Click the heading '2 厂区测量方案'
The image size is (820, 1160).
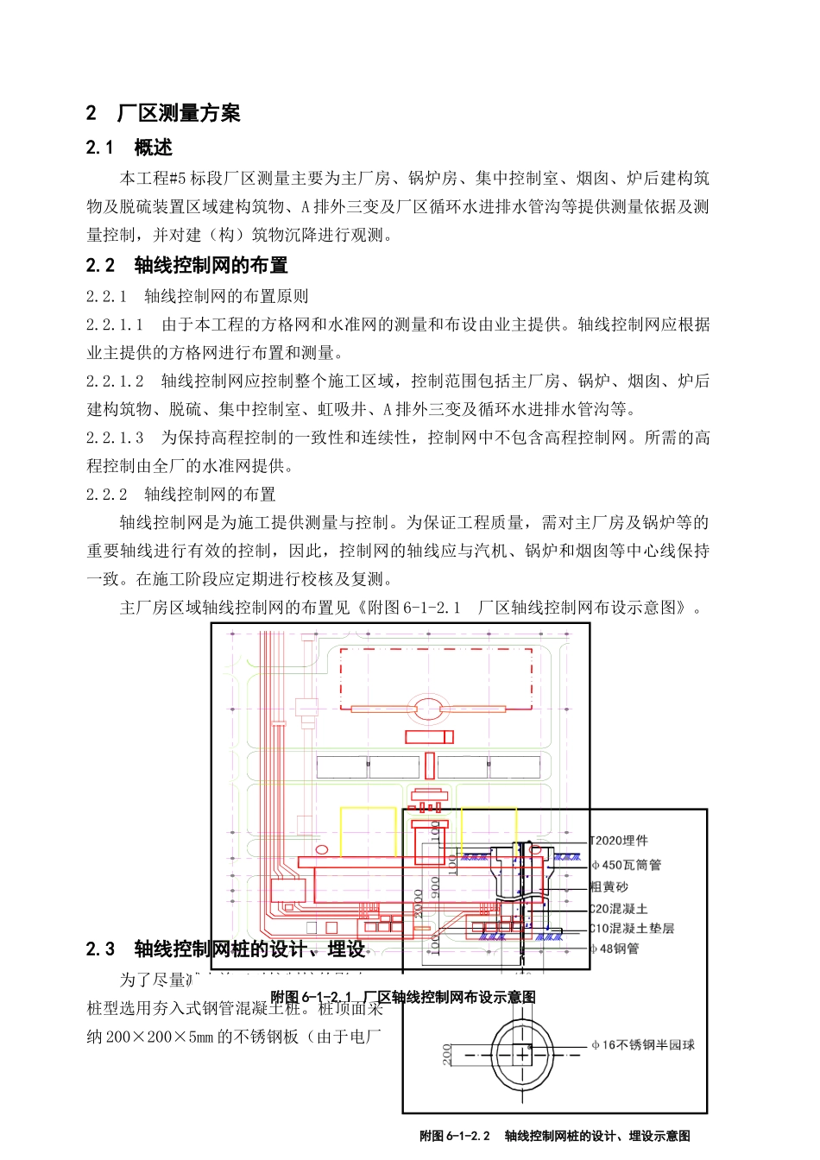163,113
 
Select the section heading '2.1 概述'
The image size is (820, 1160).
129,148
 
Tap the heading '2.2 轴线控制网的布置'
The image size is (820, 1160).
186,265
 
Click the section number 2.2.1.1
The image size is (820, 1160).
115,325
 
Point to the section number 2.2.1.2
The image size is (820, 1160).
115,381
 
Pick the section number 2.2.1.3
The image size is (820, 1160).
115,438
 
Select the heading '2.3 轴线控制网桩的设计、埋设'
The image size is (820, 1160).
225,949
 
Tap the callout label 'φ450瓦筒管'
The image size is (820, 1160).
626,865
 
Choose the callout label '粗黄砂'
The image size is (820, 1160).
609,887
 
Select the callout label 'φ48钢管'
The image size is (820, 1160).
615,949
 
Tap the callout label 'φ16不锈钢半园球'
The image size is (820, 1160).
643,1045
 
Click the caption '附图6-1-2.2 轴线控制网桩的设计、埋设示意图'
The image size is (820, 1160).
554,1136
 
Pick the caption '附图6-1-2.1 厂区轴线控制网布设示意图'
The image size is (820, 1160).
403,997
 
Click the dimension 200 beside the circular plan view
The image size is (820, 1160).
447,1054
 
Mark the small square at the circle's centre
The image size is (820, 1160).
522,1055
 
